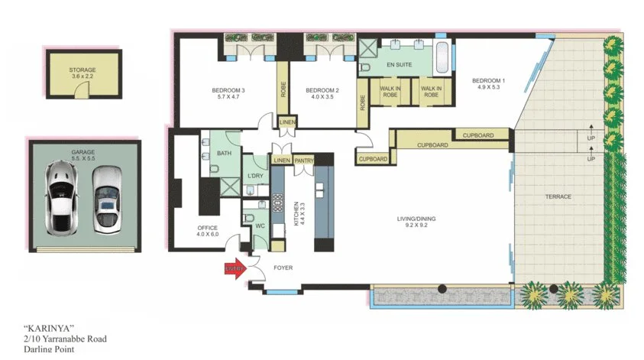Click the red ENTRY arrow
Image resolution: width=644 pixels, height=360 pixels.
235,268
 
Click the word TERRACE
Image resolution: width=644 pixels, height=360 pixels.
558,196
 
